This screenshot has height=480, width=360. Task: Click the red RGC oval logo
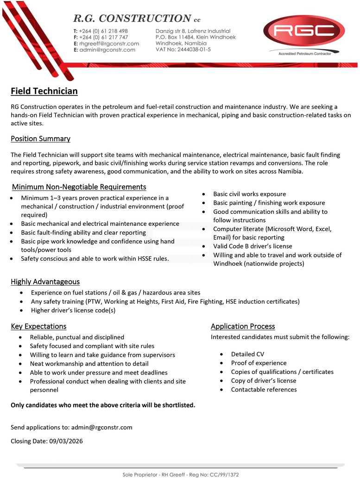click(304, 31)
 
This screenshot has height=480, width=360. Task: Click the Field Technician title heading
click(44, 91)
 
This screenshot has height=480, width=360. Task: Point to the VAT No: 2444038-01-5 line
click(183, 50)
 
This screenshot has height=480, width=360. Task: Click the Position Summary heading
click(40, 139)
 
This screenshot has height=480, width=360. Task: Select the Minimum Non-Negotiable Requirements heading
click(79, 187)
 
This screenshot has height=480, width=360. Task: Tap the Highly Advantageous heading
click(45, 282)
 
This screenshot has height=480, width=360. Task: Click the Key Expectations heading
click(38, 327)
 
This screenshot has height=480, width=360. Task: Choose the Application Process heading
click(243, 327)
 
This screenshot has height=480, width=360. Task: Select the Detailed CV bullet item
click(247, 355)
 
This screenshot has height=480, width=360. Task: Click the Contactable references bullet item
click(264, 390)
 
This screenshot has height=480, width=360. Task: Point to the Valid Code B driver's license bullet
click(253, 246)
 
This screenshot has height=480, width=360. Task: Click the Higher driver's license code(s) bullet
click(73, 311)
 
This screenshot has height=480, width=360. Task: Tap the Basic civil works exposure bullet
click(249, 194)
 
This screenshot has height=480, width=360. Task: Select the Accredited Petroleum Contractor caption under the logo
click(304, 54)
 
